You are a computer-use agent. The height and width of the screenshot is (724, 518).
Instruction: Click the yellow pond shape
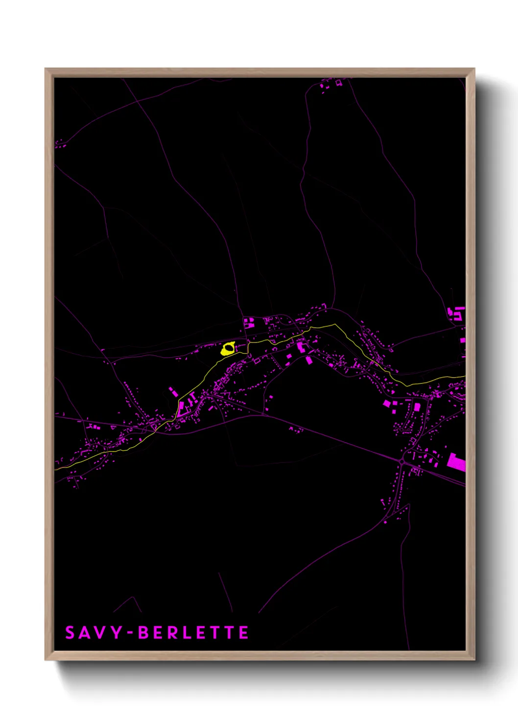228,349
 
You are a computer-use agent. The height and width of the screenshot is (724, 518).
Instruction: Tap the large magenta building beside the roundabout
456,462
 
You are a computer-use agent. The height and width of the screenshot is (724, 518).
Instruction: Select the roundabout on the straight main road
402,462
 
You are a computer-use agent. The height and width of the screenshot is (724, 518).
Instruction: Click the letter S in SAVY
70,633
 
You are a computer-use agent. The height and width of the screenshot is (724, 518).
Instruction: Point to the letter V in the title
100,633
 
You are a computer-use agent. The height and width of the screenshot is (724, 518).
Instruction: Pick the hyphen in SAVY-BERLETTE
130,633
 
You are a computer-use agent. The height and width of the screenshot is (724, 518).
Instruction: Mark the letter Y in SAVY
116,633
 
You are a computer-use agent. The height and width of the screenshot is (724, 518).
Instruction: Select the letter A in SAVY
85,633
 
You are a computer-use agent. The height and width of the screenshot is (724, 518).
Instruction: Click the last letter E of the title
244,633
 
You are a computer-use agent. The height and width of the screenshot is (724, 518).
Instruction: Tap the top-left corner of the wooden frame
46,69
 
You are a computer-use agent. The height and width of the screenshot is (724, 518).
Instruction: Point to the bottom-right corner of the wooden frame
474,660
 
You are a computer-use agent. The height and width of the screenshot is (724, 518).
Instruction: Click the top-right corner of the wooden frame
474,69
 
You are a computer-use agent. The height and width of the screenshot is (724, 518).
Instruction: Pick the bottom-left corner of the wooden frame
46,660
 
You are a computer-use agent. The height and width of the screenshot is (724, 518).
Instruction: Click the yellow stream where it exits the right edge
463,377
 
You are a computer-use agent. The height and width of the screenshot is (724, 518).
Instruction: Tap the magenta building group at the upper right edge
457,313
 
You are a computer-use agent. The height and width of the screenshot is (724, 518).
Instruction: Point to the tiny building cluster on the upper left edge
60,144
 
